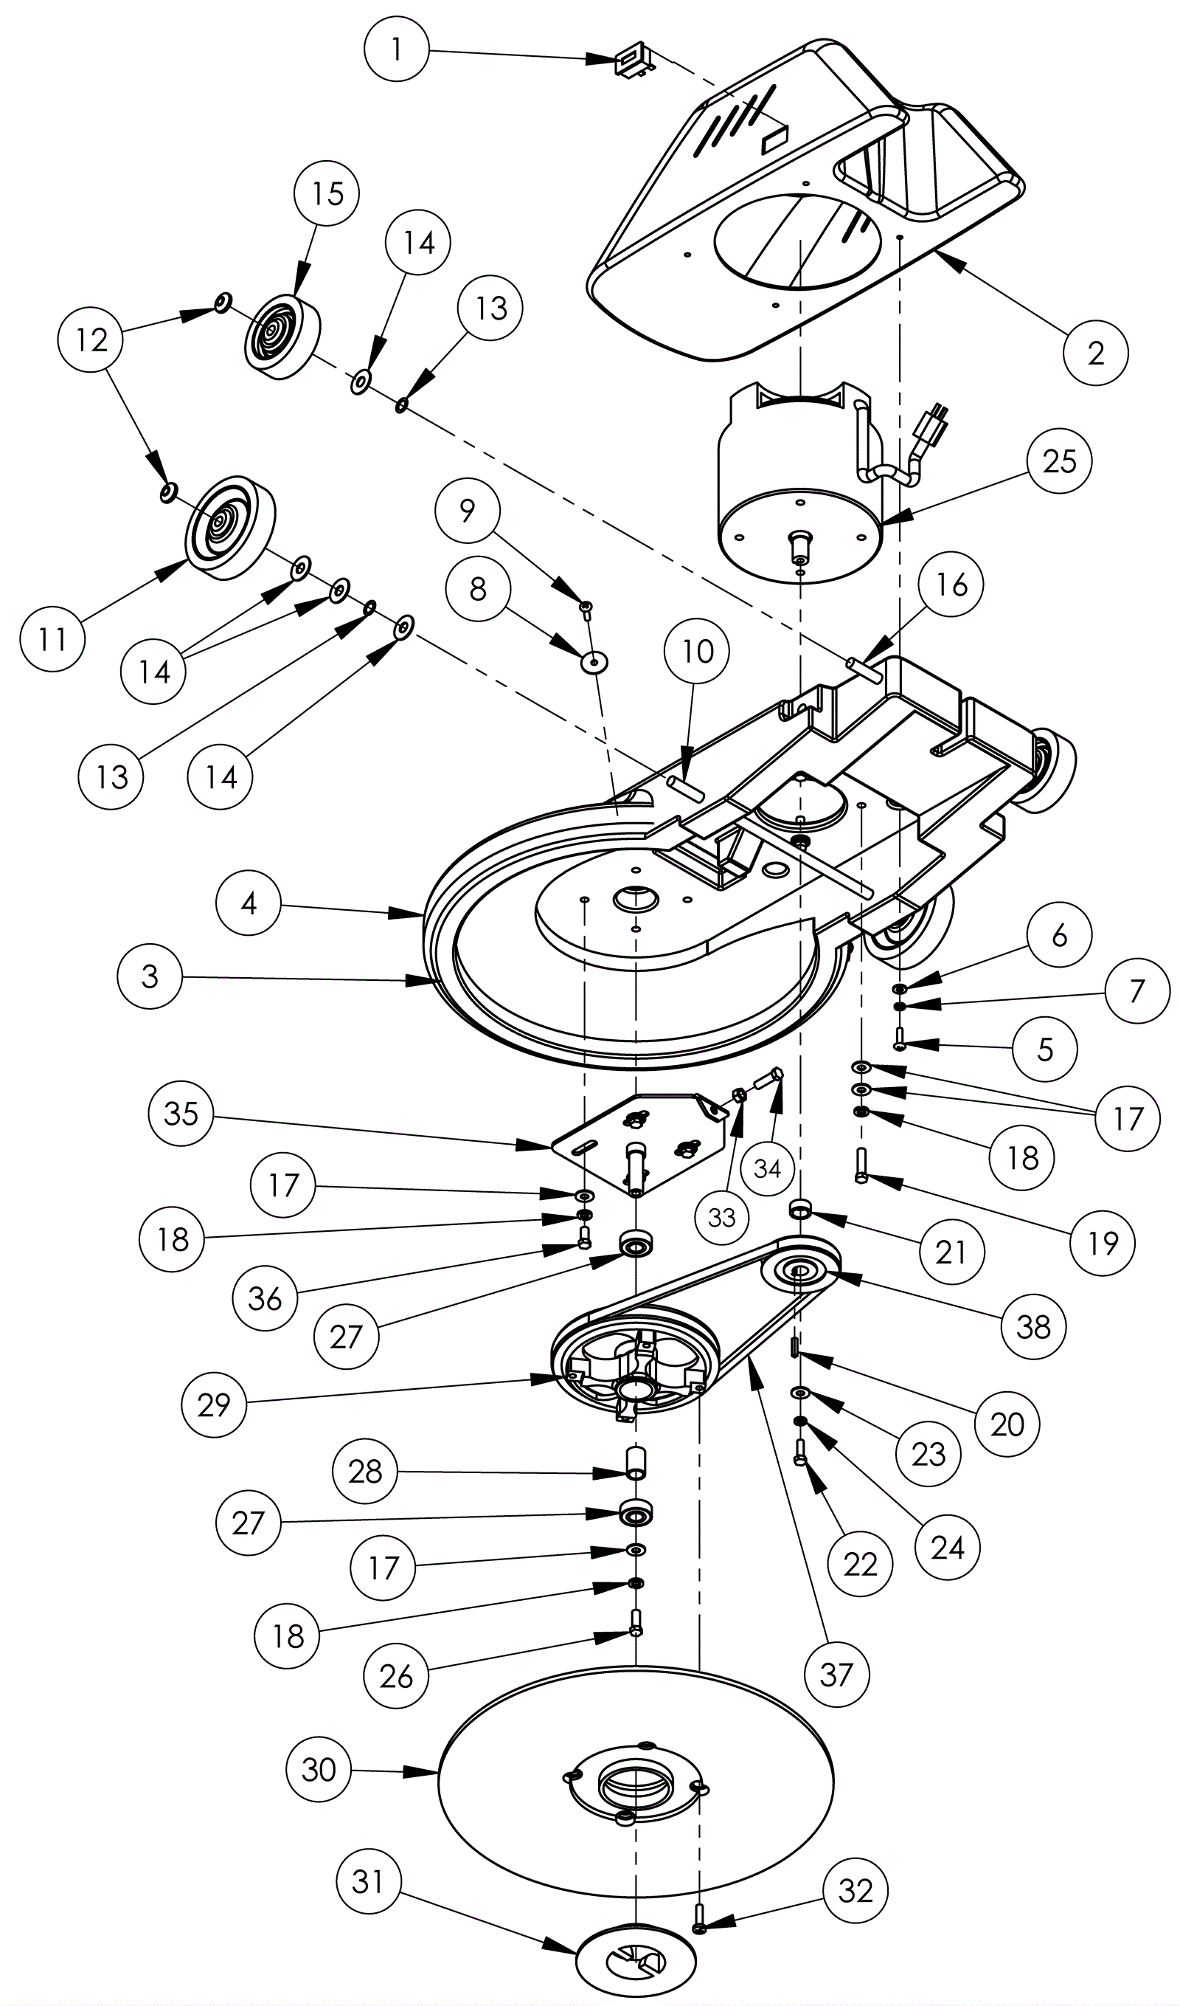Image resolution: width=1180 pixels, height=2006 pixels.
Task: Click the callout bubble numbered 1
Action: tap(396, 49)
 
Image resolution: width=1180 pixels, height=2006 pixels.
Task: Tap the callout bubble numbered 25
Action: tap(1059, 461)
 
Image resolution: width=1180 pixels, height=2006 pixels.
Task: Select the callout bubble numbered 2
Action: tap(1096, 353)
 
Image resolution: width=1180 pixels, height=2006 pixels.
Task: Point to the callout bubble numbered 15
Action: tap(327, 193)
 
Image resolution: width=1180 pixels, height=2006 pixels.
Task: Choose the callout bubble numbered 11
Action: tap(52, 638)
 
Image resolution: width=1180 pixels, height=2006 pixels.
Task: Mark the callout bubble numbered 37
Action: tap(836, 1675)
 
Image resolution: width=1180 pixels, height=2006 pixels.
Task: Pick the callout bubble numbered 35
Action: tap(181, 1114)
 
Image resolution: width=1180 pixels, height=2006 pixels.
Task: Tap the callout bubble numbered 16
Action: tap(951, 585)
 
